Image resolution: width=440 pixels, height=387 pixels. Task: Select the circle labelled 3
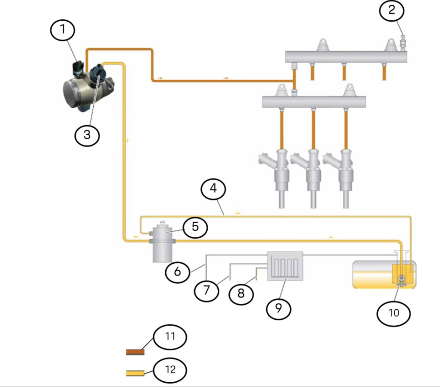87,135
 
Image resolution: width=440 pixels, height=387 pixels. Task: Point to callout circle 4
213,190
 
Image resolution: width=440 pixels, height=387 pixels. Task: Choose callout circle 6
177,272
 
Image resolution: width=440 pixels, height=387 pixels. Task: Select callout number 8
240,294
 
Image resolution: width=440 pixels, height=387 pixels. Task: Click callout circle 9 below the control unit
279,308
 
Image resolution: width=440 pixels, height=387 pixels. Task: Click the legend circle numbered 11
170,336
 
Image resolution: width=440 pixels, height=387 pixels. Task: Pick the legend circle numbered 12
170,371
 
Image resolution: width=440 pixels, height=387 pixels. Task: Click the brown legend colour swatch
135,352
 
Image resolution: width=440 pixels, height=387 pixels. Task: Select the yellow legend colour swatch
135,373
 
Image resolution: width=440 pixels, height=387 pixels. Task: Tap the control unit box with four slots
285,265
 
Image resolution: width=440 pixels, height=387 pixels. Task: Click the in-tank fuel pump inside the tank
401,279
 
